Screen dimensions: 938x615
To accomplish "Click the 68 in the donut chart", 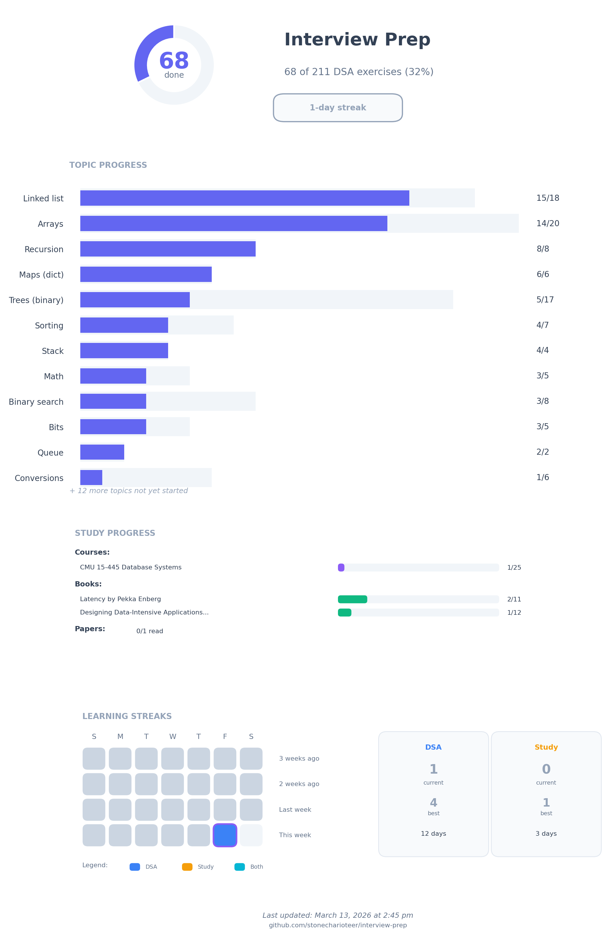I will tap(174, 61).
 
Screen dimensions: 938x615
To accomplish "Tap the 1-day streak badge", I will tap(338, 107).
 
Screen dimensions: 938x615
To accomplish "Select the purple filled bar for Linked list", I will tap(244, 198).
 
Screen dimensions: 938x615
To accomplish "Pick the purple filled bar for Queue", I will tap(102, 452).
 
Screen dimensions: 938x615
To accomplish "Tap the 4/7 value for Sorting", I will tap(542, 325).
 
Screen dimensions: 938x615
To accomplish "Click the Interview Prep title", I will tap(357, 40).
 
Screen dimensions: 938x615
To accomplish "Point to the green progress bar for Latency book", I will tap(352, 599).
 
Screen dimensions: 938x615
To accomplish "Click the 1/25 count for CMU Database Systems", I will tap(514, 568).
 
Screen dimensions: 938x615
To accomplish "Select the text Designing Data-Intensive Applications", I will tap(144, 612).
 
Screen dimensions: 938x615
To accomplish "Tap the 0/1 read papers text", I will tap(150, 631).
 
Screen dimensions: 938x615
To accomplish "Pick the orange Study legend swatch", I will tap(187, 867).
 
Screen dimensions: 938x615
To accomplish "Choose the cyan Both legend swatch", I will tap(239, 867).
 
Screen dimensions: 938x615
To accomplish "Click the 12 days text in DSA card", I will tap(433, 833).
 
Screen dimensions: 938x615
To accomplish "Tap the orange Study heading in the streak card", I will tap(546, 747).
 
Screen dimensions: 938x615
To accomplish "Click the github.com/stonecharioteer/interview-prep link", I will tap(338, 925).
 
